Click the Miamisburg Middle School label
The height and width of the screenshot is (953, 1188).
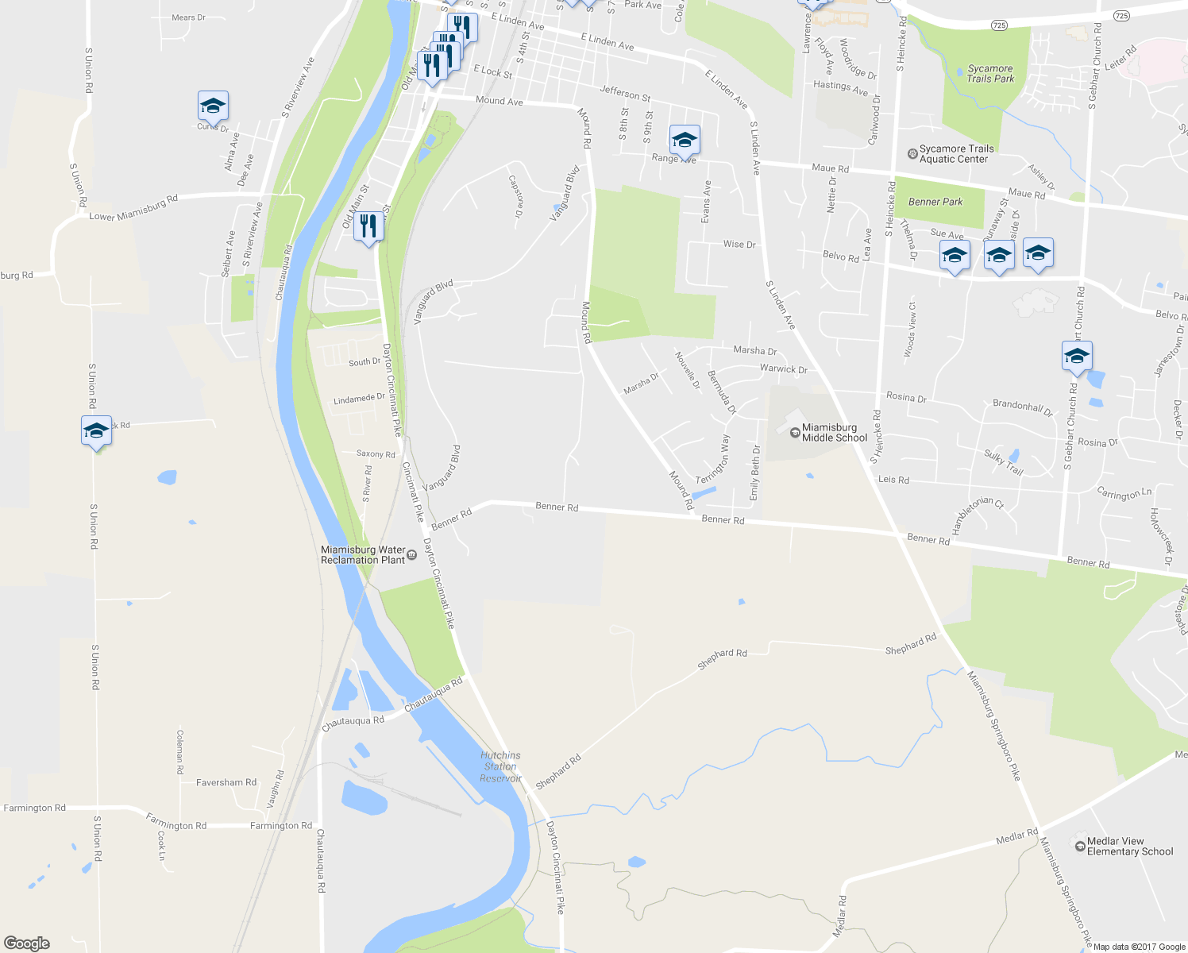(834, 433)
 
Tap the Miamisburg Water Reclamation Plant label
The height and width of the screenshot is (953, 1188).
(363, 555)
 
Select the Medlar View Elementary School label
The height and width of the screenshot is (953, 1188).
(1129, 847)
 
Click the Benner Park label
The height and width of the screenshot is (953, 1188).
(935, 202)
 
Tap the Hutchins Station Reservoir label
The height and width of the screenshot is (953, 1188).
(500, 767)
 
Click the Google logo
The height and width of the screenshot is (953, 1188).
(27, 943)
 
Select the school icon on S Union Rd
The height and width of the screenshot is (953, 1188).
(96, 430)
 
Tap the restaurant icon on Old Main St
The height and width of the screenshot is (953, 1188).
(368, 226)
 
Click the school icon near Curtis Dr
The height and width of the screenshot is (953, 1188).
(213, 106)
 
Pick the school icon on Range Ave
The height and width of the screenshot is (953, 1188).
(685, 141)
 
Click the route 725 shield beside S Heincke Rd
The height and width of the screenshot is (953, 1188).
(999, 25)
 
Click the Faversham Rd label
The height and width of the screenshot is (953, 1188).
(226, 782)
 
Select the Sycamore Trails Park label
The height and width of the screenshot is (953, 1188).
(990, 74)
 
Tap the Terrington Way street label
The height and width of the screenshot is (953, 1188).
(713, 460)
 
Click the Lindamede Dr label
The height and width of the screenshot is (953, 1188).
(359, 399)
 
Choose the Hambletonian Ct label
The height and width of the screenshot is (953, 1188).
(976, 515)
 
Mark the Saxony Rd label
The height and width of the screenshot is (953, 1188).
(376, 454)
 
